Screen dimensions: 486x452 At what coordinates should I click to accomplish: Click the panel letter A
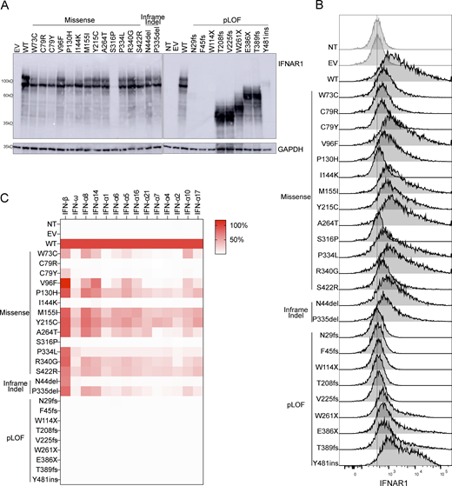(7, 7)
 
